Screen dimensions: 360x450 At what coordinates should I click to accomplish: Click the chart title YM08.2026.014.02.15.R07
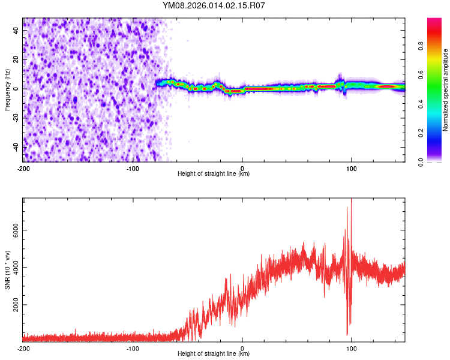[214, 5]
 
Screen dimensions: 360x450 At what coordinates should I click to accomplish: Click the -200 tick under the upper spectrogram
[23, 167]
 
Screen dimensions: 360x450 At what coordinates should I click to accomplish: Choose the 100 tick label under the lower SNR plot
[351, 348]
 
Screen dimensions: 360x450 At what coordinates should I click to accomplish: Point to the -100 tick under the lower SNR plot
[133, 348]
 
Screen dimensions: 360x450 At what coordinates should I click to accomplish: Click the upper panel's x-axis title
[214, 174]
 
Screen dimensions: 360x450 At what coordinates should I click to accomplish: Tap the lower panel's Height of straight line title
[214, 355]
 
